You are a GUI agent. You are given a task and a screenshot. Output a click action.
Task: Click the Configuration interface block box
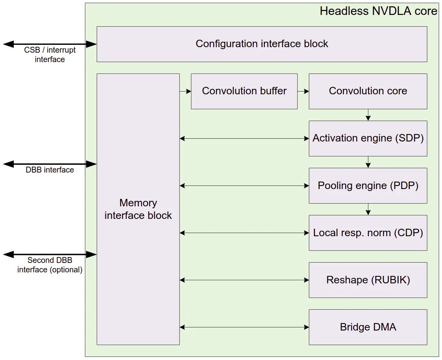click(x=262, y=44)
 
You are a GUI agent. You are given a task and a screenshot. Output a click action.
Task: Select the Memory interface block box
click(x=138, y=209)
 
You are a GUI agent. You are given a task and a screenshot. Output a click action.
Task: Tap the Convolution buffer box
click(x=244, y=91)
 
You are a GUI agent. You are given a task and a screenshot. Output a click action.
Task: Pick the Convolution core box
click(x=368, y=91)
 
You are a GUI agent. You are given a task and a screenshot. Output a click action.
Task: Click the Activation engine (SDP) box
click(x=368, y=138)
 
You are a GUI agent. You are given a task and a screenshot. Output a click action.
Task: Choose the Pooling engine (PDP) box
click(x=368, y=186)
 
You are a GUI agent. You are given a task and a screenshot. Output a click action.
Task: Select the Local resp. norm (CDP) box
click(x=368, y=233)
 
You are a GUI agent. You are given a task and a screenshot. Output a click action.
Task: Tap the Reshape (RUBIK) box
click(x=368, y=280)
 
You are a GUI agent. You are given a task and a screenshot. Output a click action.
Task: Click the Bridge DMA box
click(x=368, y=327)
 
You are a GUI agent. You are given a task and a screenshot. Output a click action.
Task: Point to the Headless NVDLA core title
click(x=378, y=11)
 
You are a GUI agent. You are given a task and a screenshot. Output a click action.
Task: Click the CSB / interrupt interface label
click(x=50, y=55)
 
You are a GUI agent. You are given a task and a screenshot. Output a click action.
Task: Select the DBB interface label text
click(x=50, y=170)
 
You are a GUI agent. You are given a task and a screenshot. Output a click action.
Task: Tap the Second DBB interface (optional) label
click(x=50, y=265)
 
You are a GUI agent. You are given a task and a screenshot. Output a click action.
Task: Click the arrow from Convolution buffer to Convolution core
click(x=303, y=91)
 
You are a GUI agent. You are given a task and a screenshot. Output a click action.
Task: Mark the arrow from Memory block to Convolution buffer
click(x=185, y=91)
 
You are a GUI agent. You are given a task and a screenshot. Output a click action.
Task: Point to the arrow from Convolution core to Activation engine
click(x=368, y=115)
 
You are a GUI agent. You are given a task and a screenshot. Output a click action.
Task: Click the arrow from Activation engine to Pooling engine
click(x=368, y=162)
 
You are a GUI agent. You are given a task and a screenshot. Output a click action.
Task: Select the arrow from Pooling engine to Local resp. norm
click(x=368, y=209)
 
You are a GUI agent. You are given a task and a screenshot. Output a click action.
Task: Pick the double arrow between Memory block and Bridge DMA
click(x=244, y=327)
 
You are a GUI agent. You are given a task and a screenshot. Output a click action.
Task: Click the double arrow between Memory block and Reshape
click(x=244, y=280)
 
